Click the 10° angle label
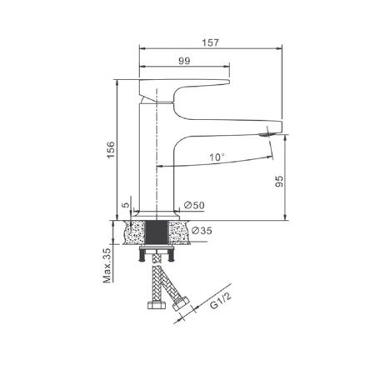click(x=217, y=156)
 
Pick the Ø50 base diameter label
click(x=195, y=205)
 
